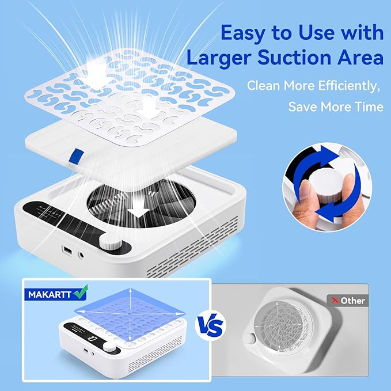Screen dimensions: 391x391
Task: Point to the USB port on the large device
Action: pos(67,251)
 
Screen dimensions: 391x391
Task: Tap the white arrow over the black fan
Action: pos(136,211)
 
